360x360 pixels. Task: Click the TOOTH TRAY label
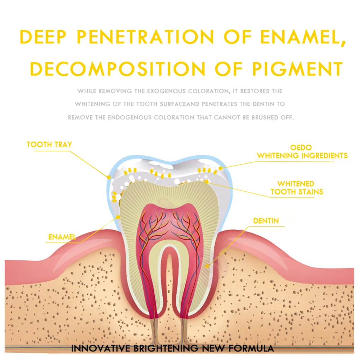coord(49,144)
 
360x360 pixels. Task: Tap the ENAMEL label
coord(62,237)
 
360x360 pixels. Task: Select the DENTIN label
coord(266,221)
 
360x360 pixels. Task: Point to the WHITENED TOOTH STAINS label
coord(296,188)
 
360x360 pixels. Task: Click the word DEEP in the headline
coord(44,37)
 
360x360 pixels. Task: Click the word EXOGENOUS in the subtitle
coord(165,91)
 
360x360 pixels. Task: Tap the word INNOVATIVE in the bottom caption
coord(101,348)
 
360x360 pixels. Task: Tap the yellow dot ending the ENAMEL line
coord(118,218)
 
